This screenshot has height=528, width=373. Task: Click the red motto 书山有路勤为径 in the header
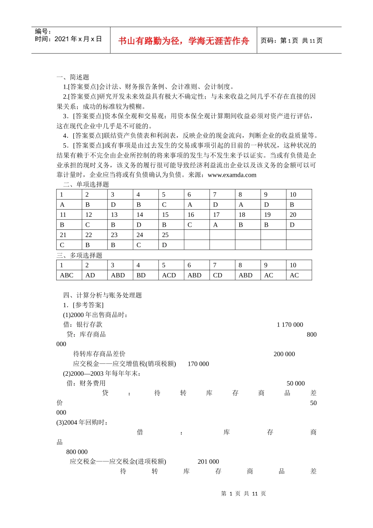tap(183, 41)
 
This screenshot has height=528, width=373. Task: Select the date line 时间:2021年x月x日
tap(68, 39)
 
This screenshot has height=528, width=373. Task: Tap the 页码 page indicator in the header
tap(291, 41)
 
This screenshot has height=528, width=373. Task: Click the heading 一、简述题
tap(73, 77)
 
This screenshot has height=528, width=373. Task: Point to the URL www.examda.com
tap(232, 175)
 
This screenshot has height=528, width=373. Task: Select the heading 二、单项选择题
tap(86, 185)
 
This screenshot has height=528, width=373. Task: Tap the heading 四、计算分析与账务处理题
tap(102, 295)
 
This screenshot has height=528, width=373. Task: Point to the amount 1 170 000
tap(290, 325)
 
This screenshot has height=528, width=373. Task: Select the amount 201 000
tap(208, 462)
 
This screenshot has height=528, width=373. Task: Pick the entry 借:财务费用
tap(86, 383)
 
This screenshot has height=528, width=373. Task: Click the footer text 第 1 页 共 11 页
tap(243, 494)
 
